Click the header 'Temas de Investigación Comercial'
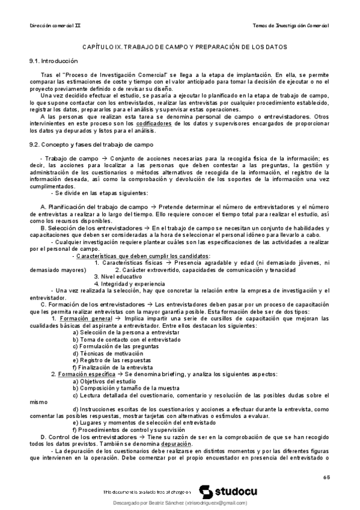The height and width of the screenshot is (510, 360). click(x=291, y=26)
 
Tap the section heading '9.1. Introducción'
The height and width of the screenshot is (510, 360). click(x=54, y=61)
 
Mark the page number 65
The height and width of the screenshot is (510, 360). click(x=326, y=478)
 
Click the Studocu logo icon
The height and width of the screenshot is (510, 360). click(x=204, y=491)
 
